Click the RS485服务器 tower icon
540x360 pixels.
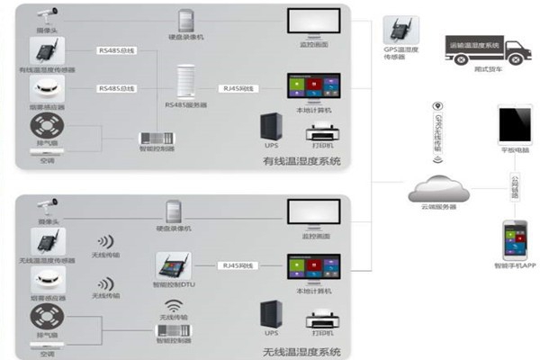coord(187,83)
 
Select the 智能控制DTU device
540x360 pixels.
coord(174,265)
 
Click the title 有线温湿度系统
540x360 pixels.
coord(301,163)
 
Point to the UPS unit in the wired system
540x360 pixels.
coord(270,128)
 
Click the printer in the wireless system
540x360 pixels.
coord(319,322)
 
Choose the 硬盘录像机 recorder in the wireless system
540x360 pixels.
coord(175,212)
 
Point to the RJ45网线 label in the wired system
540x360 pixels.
coord(239,88)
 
